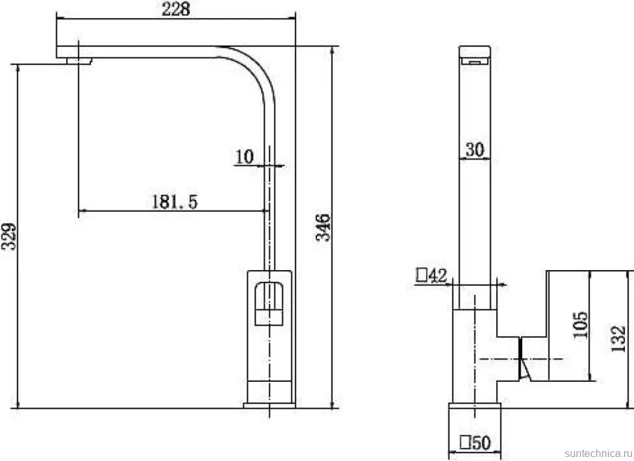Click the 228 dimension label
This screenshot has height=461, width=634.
pos(176,9)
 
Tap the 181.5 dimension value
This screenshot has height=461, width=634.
pos(175,201)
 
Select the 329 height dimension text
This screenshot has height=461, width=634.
pos(9,237)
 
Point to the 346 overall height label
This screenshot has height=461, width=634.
pos(323,228)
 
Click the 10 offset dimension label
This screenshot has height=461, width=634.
pos(244,157)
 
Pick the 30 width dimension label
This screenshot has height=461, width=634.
pos(475,150)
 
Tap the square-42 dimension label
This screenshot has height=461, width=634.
pos(431,276)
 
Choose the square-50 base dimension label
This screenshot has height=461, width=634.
pos(475,443)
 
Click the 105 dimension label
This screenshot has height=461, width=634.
pos(580,325)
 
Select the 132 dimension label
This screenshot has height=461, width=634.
pos(618,339)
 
